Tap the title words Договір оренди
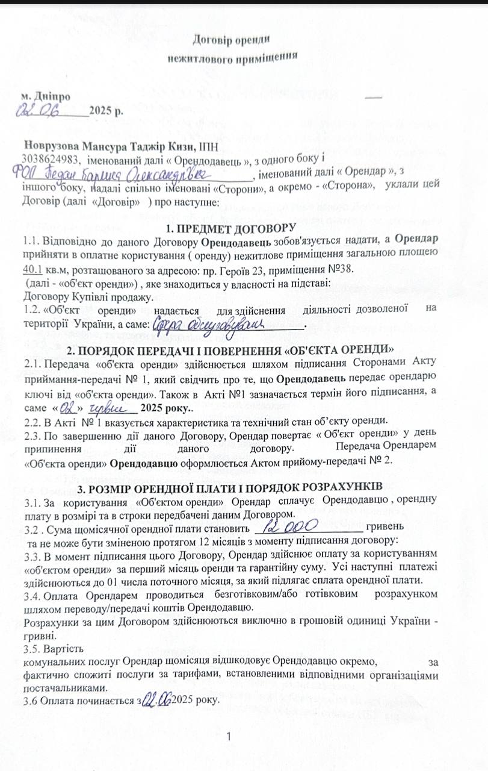(x=230, y=40)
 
